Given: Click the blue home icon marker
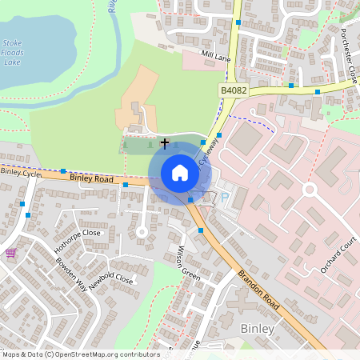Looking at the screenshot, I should (x=180, y=173).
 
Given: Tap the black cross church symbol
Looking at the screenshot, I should (x=166, y=144).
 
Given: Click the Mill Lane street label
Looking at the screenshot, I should (x=215, y=55).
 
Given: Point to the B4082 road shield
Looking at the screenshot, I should (x=233, y=92).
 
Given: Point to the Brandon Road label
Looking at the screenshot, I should (x=256, y=286).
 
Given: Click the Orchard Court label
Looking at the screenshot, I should (x=337, y=254).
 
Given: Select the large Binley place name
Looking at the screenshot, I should (x=258, y=329).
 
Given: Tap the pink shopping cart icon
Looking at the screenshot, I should (x=10, y=253).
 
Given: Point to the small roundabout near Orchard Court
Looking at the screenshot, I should (x=310, y=189).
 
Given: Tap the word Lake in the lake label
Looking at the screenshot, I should (x=12, y=61).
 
